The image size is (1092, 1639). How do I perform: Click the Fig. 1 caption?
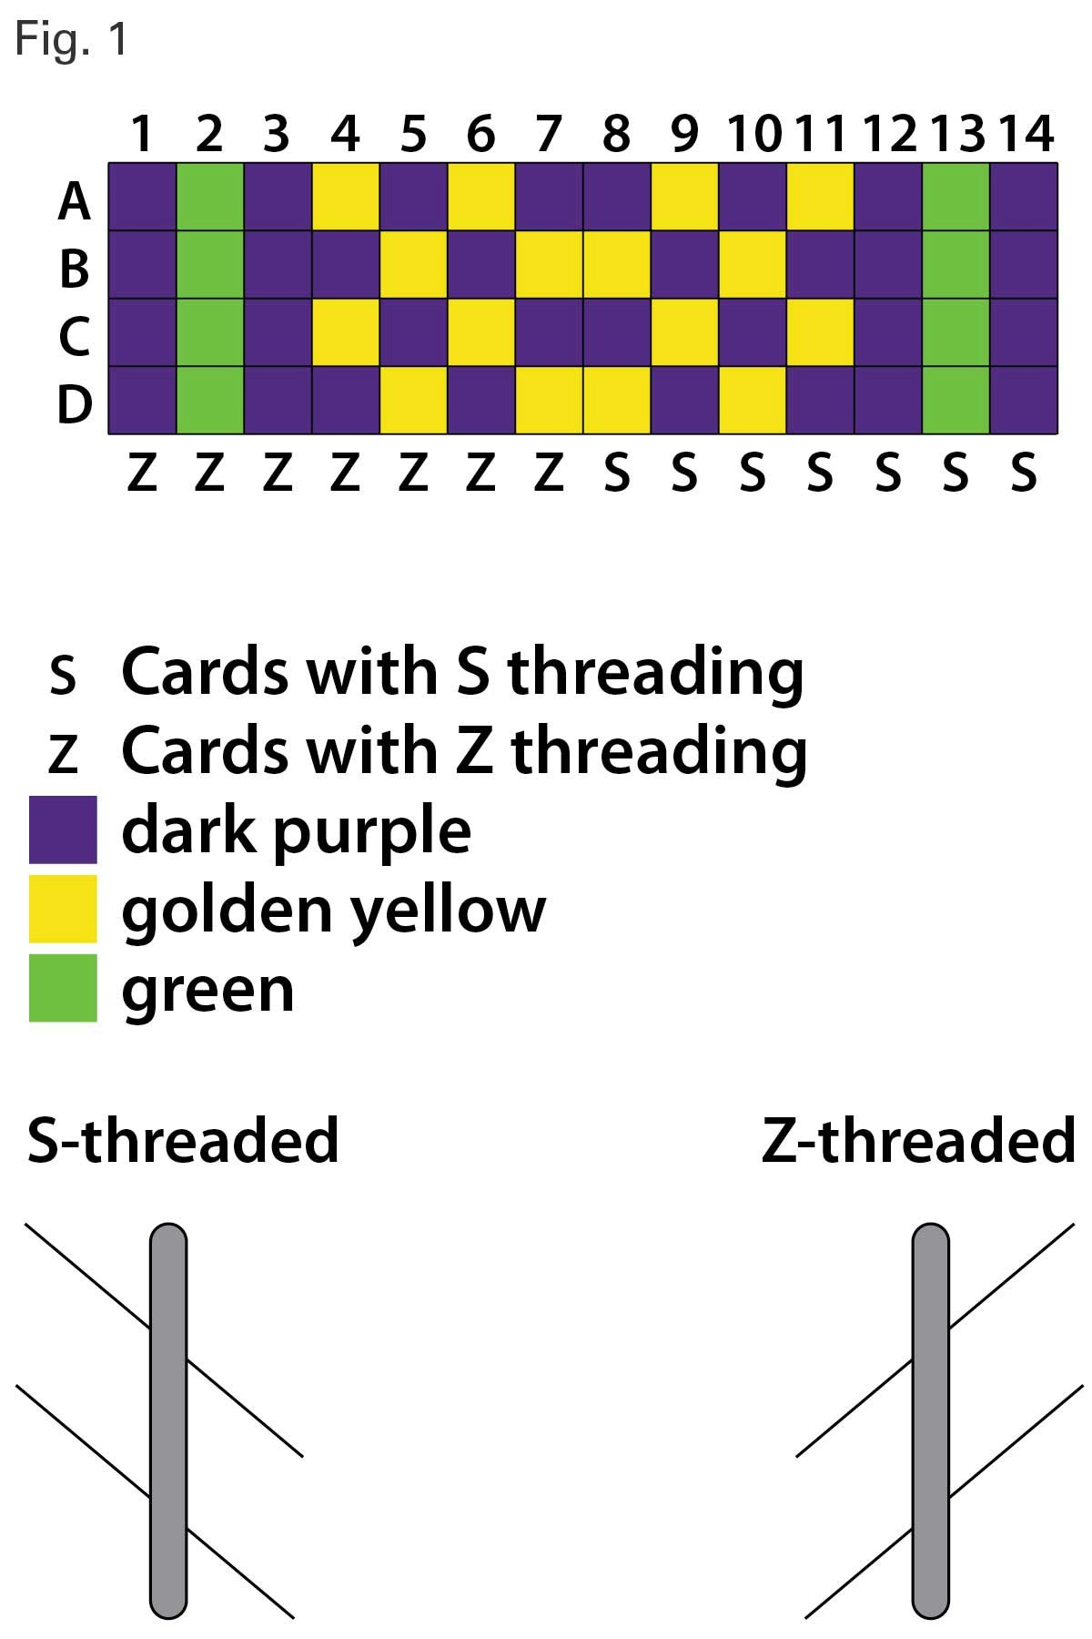[71, 40]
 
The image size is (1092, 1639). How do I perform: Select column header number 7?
[548, 134]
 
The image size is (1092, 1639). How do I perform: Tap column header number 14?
[1026, 134]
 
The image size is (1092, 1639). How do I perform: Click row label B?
[75, 269]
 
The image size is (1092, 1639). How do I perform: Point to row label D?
[75, 404]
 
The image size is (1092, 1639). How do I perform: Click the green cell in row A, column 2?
[210, 198]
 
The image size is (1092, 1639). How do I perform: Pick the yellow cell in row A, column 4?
[346, 198]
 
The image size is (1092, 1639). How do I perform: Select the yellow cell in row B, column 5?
[413, 265]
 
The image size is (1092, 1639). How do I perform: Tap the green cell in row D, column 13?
[955, 400]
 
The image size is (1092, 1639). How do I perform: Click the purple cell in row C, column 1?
[143, 332]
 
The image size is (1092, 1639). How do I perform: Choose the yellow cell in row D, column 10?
[753, 400]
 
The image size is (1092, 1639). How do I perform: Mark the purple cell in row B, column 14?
[1023, 265]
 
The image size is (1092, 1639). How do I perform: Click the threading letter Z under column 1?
[142, 474]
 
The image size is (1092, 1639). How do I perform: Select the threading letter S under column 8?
[617, 474]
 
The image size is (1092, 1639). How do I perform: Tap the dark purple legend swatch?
[63, 830]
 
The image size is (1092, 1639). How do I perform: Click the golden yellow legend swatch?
[63, 909]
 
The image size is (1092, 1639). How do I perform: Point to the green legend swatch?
[63, 988]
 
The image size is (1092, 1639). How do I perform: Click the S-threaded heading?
[183, 1140]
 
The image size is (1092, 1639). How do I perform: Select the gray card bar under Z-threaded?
[930, 1420]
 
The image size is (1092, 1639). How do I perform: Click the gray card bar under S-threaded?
[168, 1420]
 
